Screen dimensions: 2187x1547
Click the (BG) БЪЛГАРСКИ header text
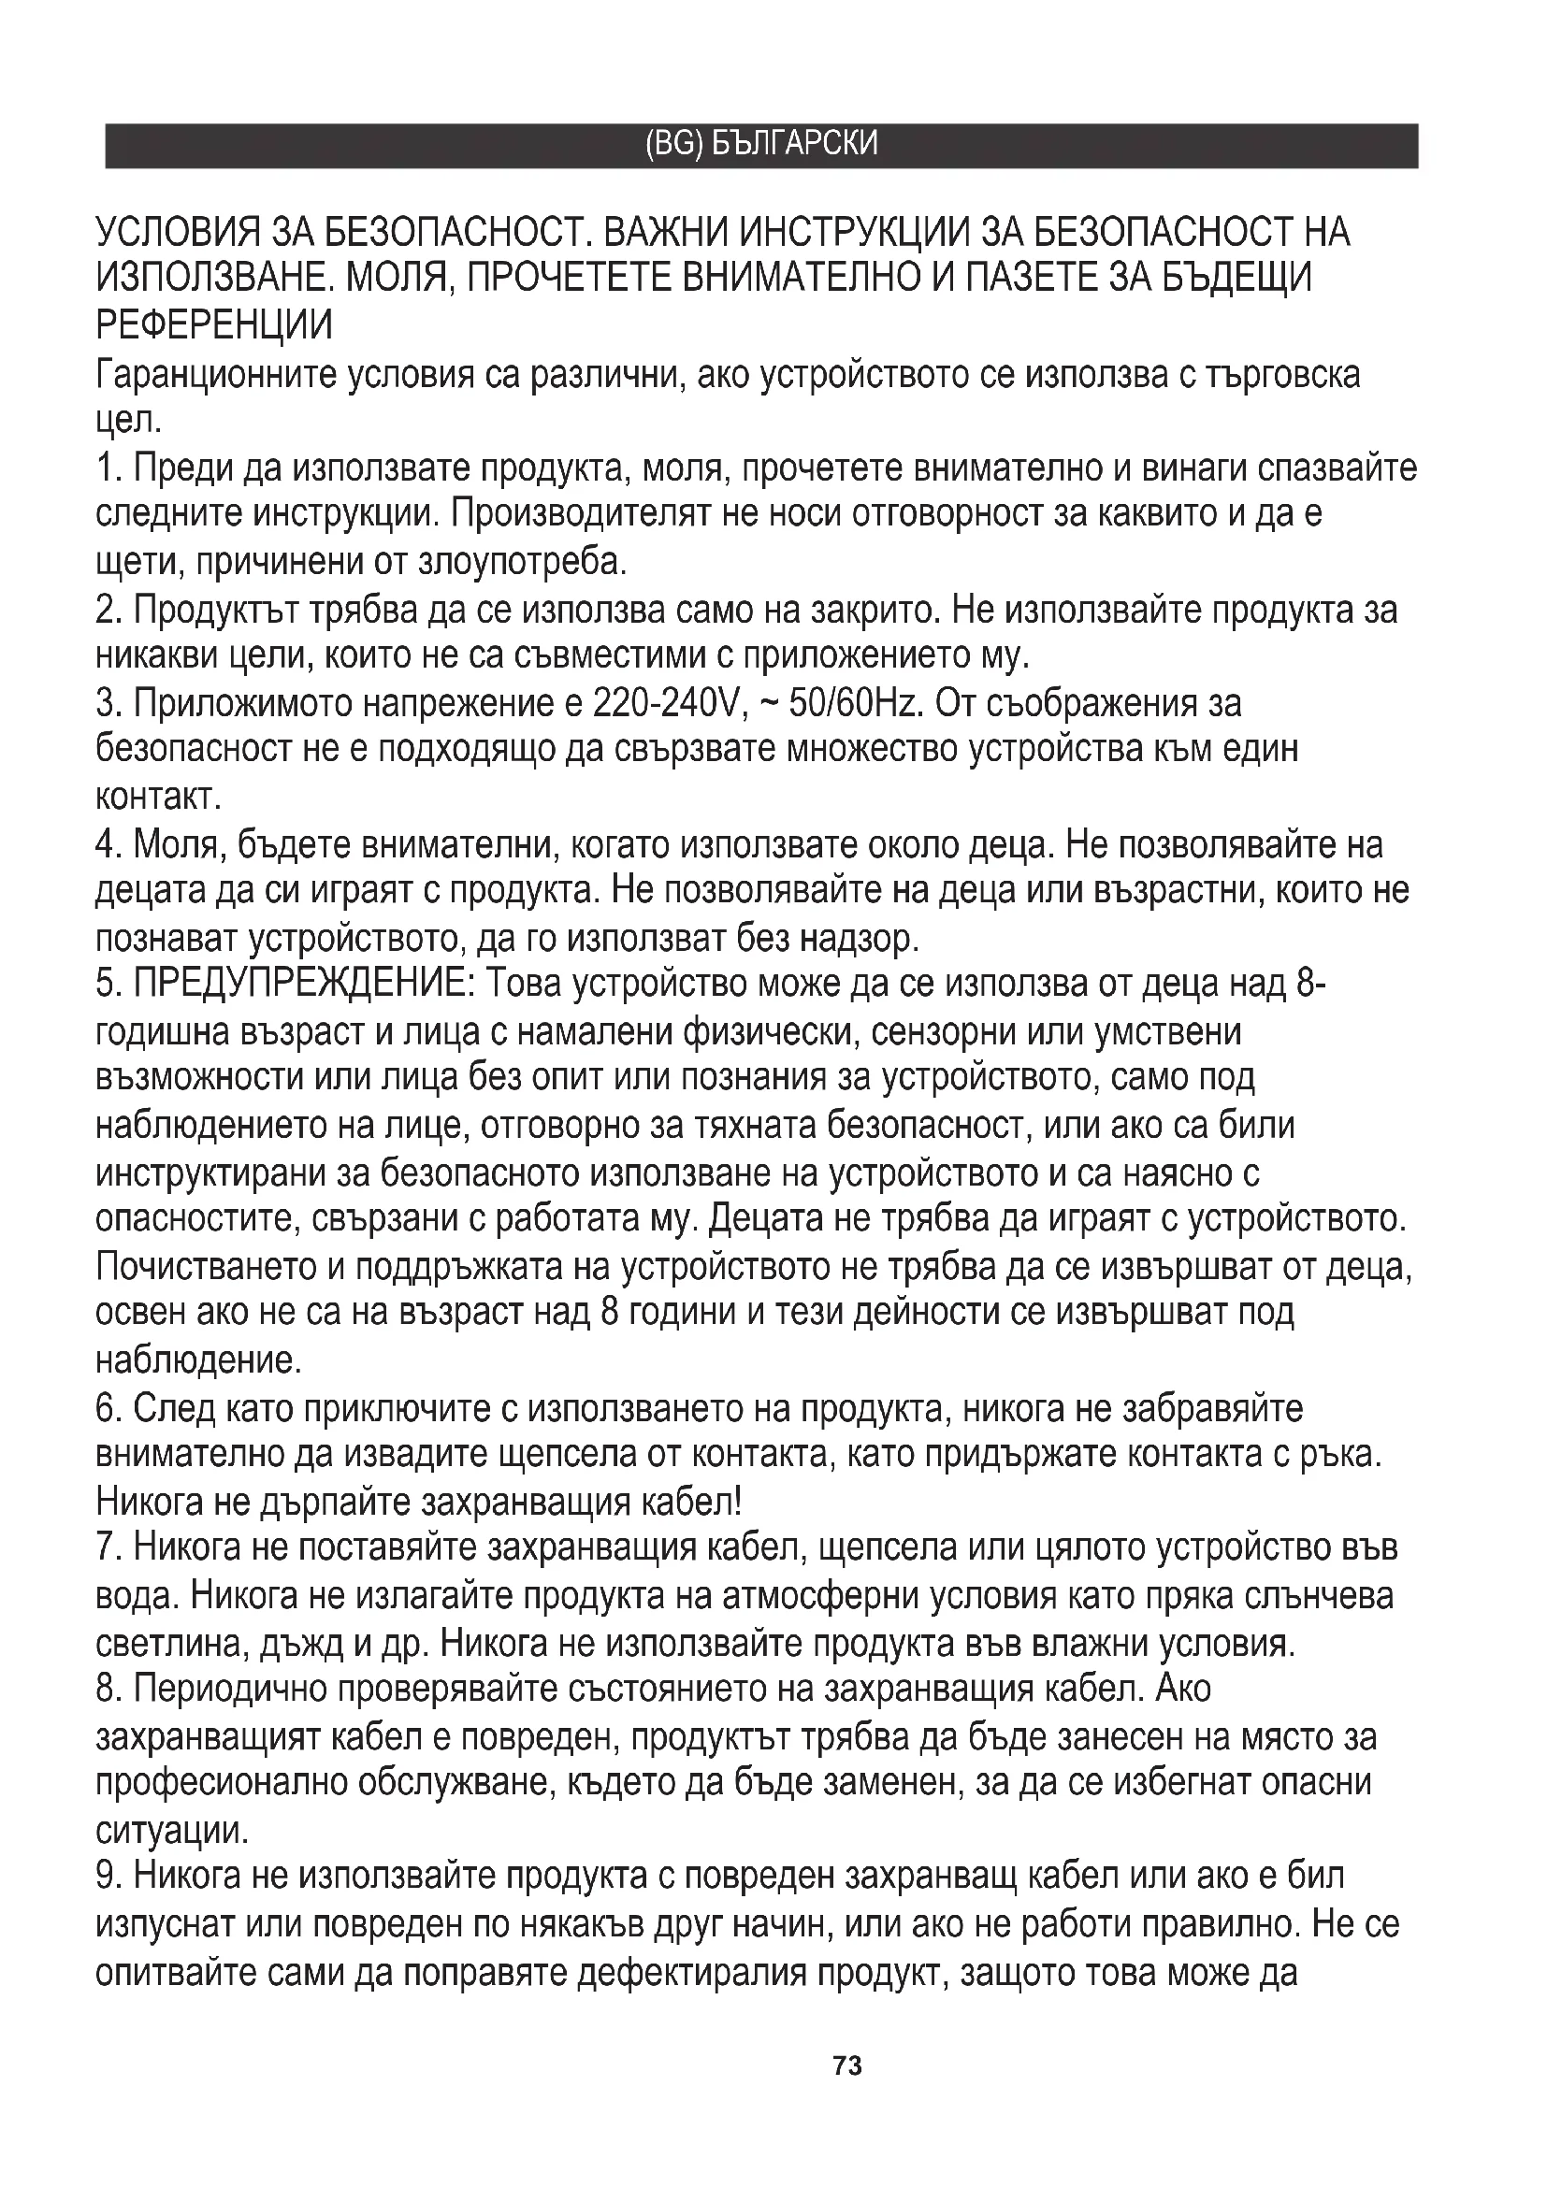(x=761, y=145)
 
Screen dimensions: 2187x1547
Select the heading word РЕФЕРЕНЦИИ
(x=214, y=324)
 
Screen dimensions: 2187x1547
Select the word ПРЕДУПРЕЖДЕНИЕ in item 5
(x=304, y=985)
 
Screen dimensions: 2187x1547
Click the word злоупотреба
(x=522, y=561)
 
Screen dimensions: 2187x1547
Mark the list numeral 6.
(x=106, y=1408)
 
